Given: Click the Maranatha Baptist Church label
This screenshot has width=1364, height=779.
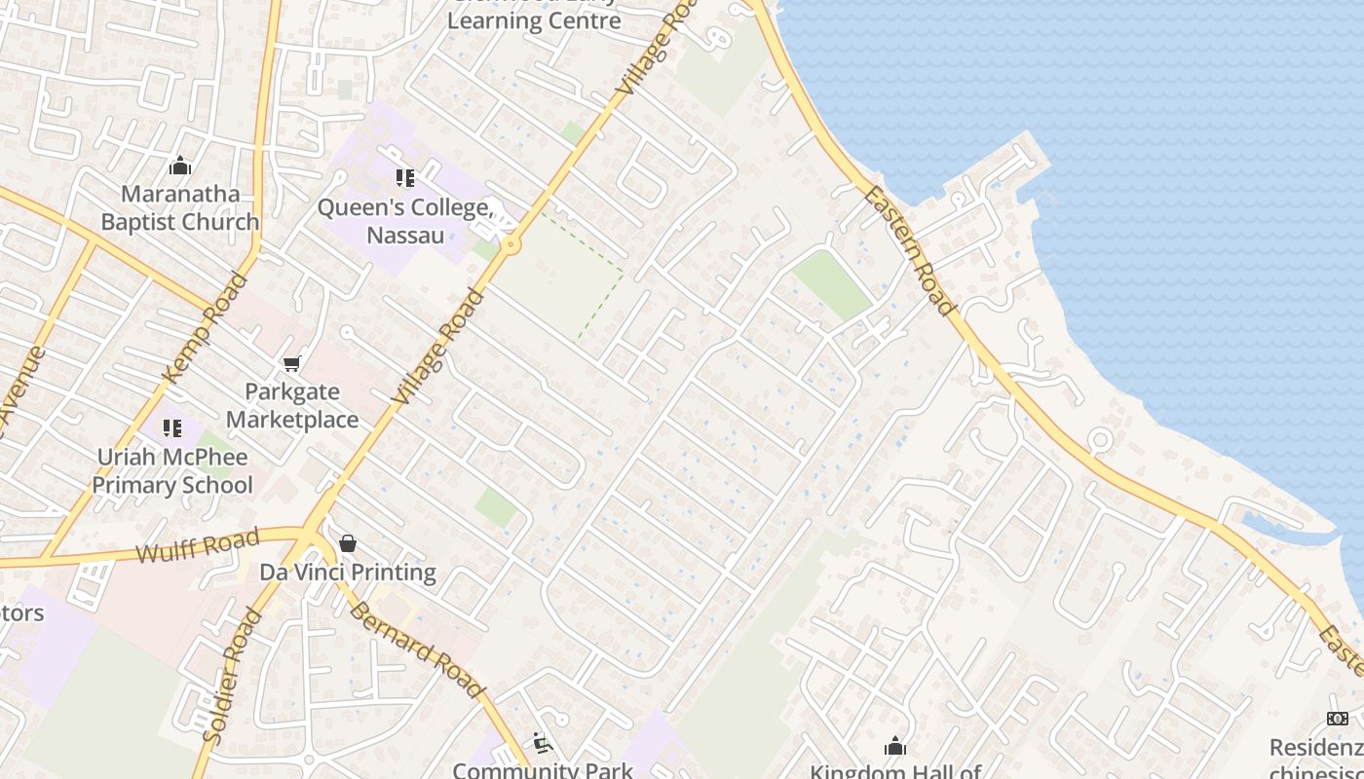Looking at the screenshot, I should tap(180, 207).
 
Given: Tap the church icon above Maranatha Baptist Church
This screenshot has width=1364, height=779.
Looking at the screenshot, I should tap(180, 167).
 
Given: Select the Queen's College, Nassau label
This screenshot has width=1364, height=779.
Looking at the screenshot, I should tap(405, 221).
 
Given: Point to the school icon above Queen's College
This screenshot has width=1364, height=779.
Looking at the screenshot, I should tap(405, 178).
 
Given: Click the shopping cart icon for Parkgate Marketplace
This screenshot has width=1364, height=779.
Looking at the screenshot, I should tap(291, 364).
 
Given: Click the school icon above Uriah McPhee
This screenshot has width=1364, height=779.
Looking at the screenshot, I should tap(172, 427).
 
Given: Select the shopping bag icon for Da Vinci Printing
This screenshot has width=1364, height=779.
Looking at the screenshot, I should tap(348, 543).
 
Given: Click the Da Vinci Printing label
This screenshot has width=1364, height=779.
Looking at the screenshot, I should tap(348, 572).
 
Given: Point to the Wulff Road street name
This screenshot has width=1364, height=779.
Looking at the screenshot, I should tap(198, 546).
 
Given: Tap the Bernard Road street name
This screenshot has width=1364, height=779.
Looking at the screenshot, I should tap(417, 649).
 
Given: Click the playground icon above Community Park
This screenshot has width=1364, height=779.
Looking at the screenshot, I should tap(543, 744).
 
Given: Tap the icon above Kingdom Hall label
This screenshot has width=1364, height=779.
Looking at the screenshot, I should tap(895, 747).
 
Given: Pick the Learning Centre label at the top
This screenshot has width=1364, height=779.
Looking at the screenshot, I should tap(534, 19).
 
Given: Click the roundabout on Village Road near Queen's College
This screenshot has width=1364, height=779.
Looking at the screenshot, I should tap(511, 246).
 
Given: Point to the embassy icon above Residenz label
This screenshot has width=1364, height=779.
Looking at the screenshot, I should tap(1338, 719).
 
